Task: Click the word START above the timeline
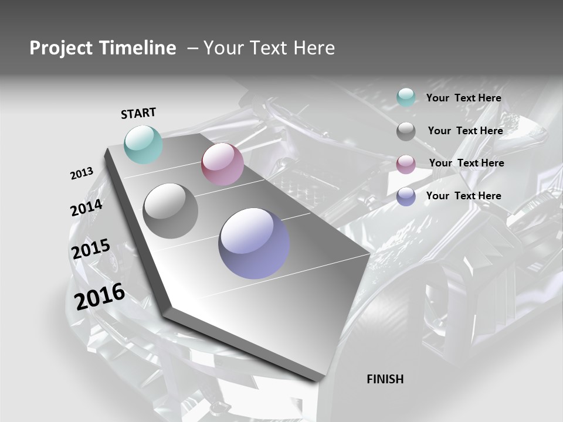click(x=138, y=113)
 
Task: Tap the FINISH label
click(x=385, y=379)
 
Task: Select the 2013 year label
click(x=82, y=173)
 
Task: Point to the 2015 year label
click(x=91, y=249)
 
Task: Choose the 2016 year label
click(x=100, y=297)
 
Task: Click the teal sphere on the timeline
click(x=144, y=144)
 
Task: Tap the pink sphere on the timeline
click(x=222, y=164)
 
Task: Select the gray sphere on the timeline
click(x=171, y=211)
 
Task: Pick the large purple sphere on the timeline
click(x=254, y=243)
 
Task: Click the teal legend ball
click(x=406, y=98)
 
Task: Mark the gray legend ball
click(x=406, y=131)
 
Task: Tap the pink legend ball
click(x=406, y=164)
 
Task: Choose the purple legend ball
click(x=406, y=196)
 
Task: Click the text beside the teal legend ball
click(x=463, y=98)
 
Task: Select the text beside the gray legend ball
click(x=465, y=131)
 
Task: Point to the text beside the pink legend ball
click(x=466, y=163)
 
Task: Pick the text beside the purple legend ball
click(x=463, y=196)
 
